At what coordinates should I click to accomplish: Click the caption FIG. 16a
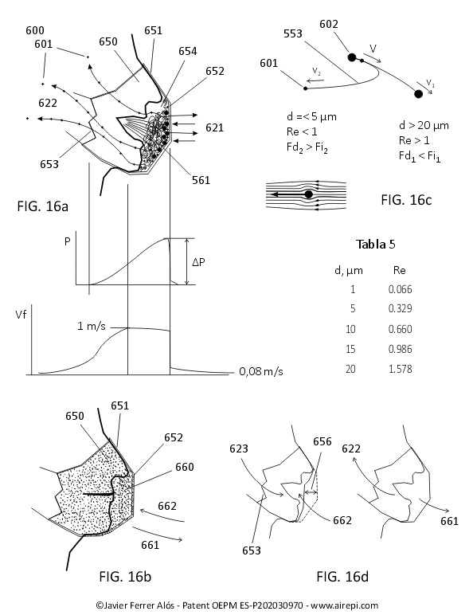click(x=42, y=206)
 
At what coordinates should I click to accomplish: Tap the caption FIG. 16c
click(x=406, y=200)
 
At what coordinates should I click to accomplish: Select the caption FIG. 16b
click(x=125, y=576)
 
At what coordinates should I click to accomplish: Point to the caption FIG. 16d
click(x=342, y=576)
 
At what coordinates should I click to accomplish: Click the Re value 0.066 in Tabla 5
click(x=400, y=289)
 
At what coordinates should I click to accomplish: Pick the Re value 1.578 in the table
click(x=400, y=369)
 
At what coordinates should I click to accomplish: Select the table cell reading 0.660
click(x=400, y=329)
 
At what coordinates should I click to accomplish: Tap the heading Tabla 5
click(x=375, y=245)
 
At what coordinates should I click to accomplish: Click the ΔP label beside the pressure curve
click(x=198, y=262)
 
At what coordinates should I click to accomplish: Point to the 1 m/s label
click(x=92, y=326)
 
